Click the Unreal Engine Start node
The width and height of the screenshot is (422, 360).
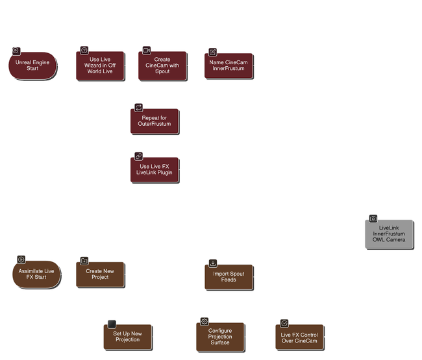click(x=32, y=65)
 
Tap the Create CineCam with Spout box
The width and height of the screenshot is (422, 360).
click(x=162, y=66)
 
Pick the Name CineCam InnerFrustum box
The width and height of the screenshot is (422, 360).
click(x=229, y=66)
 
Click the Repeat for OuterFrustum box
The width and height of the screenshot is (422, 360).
click(x=155, y=120)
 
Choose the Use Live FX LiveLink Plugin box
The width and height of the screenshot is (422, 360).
click(x=155, y=170)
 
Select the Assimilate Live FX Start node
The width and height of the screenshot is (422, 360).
click(x=36, y=274)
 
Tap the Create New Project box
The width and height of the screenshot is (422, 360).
click(x=100, y=274)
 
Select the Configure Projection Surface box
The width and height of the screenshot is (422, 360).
click(x=220, y=336)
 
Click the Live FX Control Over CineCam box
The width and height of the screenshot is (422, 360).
click(x=299, y=336)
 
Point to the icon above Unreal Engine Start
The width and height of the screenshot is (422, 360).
click(x=16, y=51)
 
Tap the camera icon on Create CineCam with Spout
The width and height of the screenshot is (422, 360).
click(x=146, y=50)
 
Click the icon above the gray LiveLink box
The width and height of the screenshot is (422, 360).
click(x=373, y=219)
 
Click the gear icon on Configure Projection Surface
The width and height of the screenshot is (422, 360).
click(x=204, y=321)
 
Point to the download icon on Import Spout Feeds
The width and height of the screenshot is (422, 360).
click(x=212, y=263)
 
